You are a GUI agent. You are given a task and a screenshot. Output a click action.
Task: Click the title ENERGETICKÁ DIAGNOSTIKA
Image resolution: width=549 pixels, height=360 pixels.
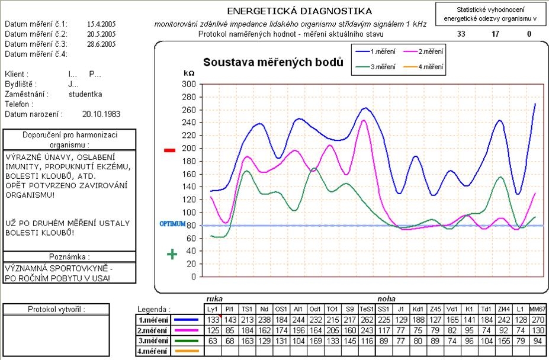tap(300, 11)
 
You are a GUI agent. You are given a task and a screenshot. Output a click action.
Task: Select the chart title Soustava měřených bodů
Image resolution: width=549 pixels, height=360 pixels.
tap(273, 62)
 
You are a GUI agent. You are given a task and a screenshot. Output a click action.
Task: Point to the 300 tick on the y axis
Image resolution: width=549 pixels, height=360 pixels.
tap(188, 84)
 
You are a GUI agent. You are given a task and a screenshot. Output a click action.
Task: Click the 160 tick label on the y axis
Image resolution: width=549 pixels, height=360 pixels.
tap(188, 174)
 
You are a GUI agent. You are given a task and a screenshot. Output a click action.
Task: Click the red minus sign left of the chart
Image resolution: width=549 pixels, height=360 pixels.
tap(169, 150)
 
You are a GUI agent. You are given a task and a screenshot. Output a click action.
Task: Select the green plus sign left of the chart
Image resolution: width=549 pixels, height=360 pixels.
tap(172, 254)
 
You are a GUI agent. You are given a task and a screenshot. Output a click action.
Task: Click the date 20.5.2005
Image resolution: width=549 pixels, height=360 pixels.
tap(101, 34)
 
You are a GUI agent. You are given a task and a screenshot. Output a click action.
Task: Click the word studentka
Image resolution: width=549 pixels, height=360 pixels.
tap(85, 94)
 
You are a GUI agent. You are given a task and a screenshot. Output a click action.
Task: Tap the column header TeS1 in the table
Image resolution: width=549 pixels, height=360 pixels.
tap(367, 309)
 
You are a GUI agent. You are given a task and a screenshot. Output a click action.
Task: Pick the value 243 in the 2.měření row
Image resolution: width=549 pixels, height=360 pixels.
tap(367, 330)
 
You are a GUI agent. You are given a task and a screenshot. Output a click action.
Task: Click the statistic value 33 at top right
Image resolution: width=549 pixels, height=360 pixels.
tap(461, 34)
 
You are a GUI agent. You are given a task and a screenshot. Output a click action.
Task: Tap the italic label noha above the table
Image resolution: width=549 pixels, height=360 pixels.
tap(386, 299)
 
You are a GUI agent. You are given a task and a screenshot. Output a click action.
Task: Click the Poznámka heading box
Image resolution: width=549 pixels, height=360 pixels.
tap(69, 257)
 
